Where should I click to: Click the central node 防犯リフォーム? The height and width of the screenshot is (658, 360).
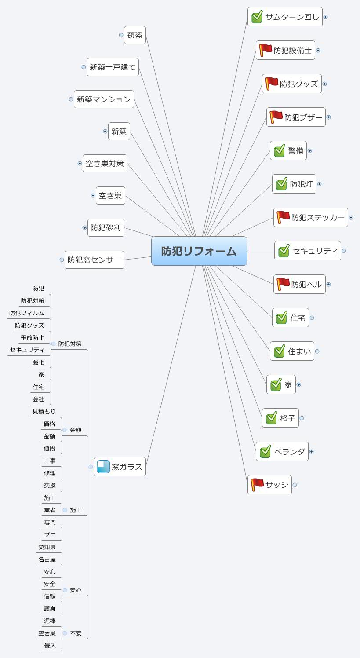pos(199,251)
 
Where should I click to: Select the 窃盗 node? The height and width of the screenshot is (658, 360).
pos(135,35)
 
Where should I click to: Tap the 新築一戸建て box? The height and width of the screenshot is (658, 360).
pos(113,67)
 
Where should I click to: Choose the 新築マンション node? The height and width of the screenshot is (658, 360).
pos(104,99)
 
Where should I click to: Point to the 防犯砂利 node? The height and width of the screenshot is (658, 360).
pos(105,228)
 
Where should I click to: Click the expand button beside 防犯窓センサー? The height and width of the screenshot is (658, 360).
pos(62,260)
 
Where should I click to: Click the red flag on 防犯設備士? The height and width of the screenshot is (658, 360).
pos(265,50)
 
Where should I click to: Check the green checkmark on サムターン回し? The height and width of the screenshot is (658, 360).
pos(257,17)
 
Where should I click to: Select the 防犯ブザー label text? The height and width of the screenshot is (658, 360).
pos(303,117)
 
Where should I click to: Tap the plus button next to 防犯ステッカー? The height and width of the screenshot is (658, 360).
pos(351,217)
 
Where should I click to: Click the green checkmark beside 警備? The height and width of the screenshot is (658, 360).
pos(280,150)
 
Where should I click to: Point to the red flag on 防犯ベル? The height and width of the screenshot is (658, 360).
pos(283,284)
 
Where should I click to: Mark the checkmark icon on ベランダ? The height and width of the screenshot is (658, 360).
pos(265,451)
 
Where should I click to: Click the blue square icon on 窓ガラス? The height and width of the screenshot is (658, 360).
pos(103,467)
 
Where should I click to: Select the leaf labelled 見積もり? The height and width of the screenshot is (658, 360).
pos(44,412)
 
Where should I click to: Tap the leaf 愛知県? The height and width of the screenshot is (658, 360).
pos(47,547)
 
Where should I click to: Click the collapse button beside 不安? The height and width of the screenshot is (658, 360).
pos(65,633)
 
